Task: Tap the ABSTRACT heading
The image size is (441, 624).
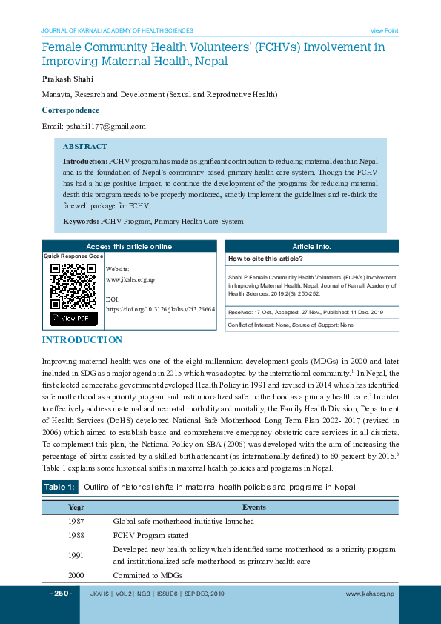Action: click(x=84, y=147)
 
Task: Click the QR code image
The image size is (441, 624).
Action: click(x=73, y=286)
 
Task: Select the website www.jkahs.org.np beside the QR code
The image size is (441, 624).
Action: click(x=130, y=279)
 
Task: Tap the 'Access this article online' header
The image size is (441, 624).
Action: click(x=129, y=247)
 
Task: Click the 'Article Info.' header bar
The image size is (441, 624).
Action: click(x=311, y=247)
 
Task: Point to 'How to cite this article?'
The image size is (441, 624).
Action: click(x=265, y=259)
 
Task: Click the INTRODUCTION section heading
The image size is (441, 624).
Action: click(x=82, y=340)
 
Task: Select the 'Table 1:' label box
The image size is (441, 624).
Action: click(x=59, y=487)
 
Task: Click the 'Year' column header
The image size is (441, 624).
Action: click(x=76, y=508)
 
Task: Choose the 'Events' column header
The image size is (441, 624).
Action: click(x=254, y=508)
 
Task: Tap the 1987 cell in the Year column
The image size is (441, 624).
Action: click(x=76, y=521)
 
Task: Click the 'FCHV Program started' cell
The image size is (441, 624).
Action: click(x=150, y=535)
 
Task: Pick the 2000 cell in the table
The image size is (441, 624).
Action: click(x=76, y=575)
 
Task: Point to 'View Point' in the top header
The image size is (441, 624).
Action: click(x=384, y=30)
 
